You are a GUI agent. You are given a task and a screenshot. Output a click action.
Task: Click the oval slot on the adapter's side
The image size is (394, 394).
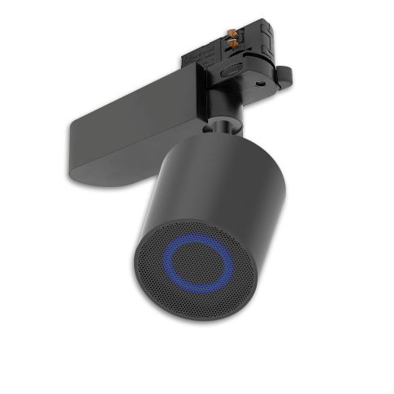coord(232,71)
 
